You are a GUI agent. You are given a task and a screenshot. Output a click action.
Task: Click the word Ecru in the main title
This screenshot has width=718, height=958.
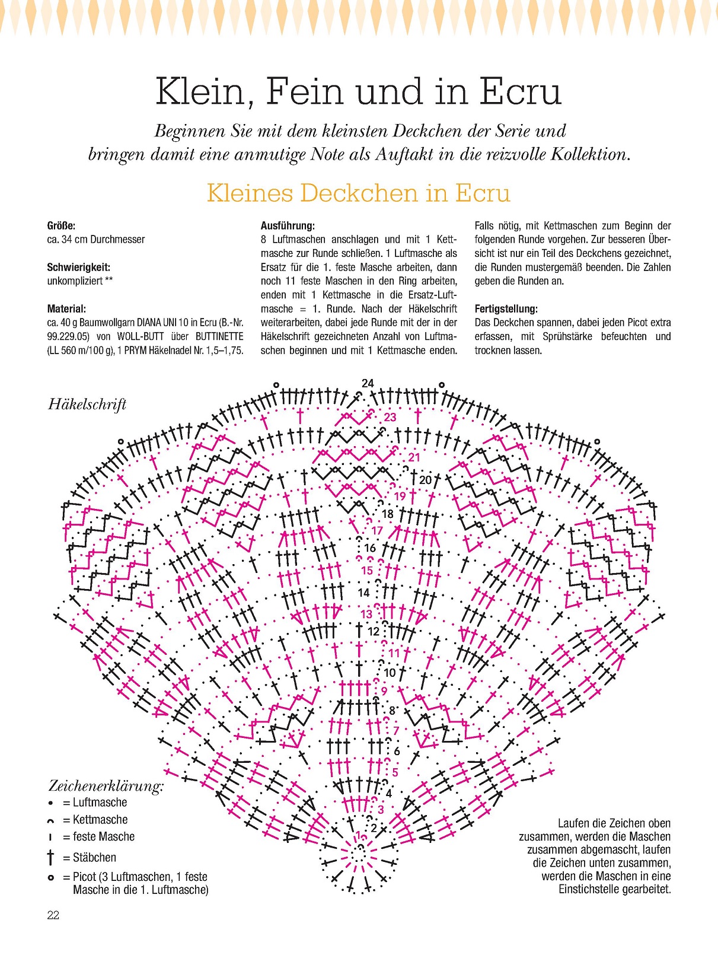coord(520,93)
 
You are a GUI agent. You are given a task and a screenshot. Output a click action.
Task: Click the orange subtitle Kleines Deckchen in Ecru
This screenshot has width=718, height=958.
coord(358,193)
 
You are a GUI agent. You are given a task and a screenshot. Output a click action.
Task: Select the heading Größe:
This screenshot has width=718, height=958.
coord(61,225)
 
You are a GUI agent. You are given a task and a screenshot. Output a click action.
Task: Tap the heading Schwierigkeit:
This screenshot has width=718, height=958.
coord(78,267)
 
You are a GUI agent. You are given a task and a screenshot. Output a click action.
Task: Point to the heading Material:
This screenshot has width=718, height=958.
coord(66,308)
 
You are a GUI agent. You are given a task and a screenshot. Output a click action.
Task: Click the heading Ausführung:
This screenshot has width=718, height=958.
coord(288,225)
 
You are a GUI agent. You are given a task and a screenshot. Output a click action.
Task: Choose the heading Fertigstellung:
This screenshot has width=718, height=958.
coord(506,308)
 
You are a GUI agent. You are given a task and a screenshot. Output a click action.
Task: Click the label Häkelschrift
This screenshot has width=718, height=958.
coord(87,405)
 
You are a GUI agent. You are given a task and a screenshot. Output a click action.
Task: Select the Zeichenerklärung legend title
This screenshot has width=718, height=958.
coord(106,786)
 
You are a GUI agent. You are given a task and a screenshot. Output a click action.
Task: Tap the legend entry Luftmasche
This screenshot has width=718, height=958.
coord(100,803)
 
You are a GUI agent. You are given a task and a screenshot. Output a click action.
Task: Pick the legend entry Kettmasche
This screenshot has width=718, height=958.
coord(100,820)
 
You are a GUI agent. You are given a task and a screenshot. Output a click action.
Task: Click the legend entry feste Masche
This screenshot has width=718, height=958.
coord(103,837)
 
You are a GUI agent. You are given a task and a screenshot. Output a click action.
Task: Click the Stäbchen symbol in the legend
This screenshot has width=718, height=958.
coord(50,857)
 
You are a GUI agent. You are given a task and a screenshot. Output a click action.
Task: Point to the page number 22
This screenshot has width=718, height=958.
coord(53,915)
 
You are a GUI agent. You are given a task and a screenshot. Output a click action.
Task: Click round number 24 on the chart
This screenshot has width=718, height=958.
coord(368,384)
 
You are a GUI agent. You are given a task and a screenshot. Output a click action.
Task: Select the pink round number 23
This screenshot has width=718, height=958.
coord(390,418)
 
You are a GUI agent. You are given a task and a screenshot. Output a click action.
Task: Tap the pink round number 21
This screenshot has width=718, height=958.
coord(414,457)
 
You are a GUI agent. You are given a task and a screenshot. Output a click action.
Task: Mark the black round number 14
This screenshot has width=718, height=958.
coord(363,592)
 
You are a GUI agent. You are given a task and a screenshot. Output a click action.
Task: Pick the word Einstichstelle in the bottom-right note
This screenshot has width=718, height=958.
coord(593,889)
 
